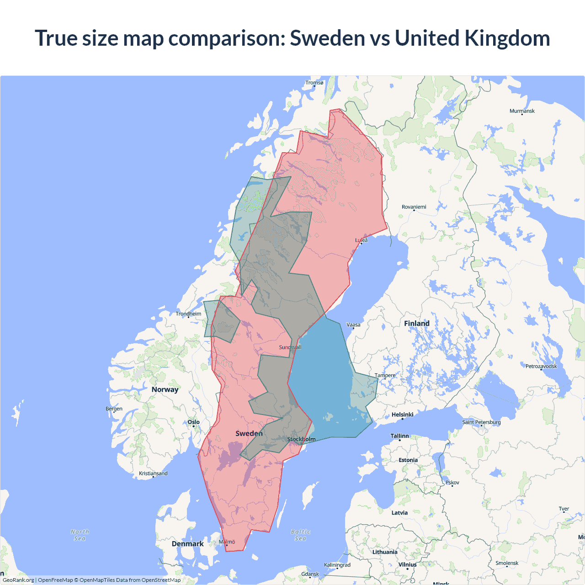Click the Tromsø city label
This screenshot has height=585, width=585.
pyautogui.click(x=314, y=83)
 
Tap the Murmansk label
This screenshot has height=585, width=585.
pyautogui.click(x=522, y=111)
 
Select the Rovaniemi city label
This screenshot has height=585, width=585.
pyautogui.click(x=414, y=207)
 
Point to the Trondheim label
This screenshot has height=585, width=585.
pyautogui.click(x=188, y=314)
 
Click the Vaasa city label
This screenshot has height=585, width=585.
pyautogui.click(x=353, y=325)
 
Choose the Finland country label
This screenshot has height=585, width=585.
pyautogui.click(x=416, y=324)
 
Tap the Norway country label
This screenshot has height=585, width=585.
pyautogui.click(x=165, y=389)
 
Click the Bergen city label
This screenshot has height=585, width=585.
pyautogui.click(x=114, y=409)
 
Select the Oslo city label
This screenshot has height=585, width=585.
pyautogui.click(x=193, y=422)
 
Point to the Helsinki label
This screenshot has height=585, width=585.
pyautogui.click(x=402, y=415)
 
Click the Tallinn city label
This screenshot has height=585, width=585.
pyautogui.click(x=399, y=436)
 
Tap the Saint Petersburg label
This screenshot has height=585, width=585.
pyautogui.click(x=481, y=422)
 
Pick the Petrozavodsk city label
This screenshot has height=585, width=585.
pyautogui.click(x=541, y=366)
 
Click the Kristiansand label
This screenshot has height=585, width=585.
pyautogui.click(x=153, y=473)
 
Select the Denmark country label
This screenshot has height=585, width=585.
pyautogui.click(x=187, y=544)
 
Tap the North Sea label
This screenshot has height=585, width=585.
pyautogui.click(x=80, y=535)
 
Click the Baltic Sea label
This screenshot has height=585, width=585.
pyautogui.click(x=300, y=535)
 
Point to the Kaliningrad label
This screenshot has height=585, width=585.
pyautogui.click(x=337, y=565)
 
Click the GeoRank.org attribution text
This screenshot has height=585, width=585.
pyautogui.click(x=18, y=580)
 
